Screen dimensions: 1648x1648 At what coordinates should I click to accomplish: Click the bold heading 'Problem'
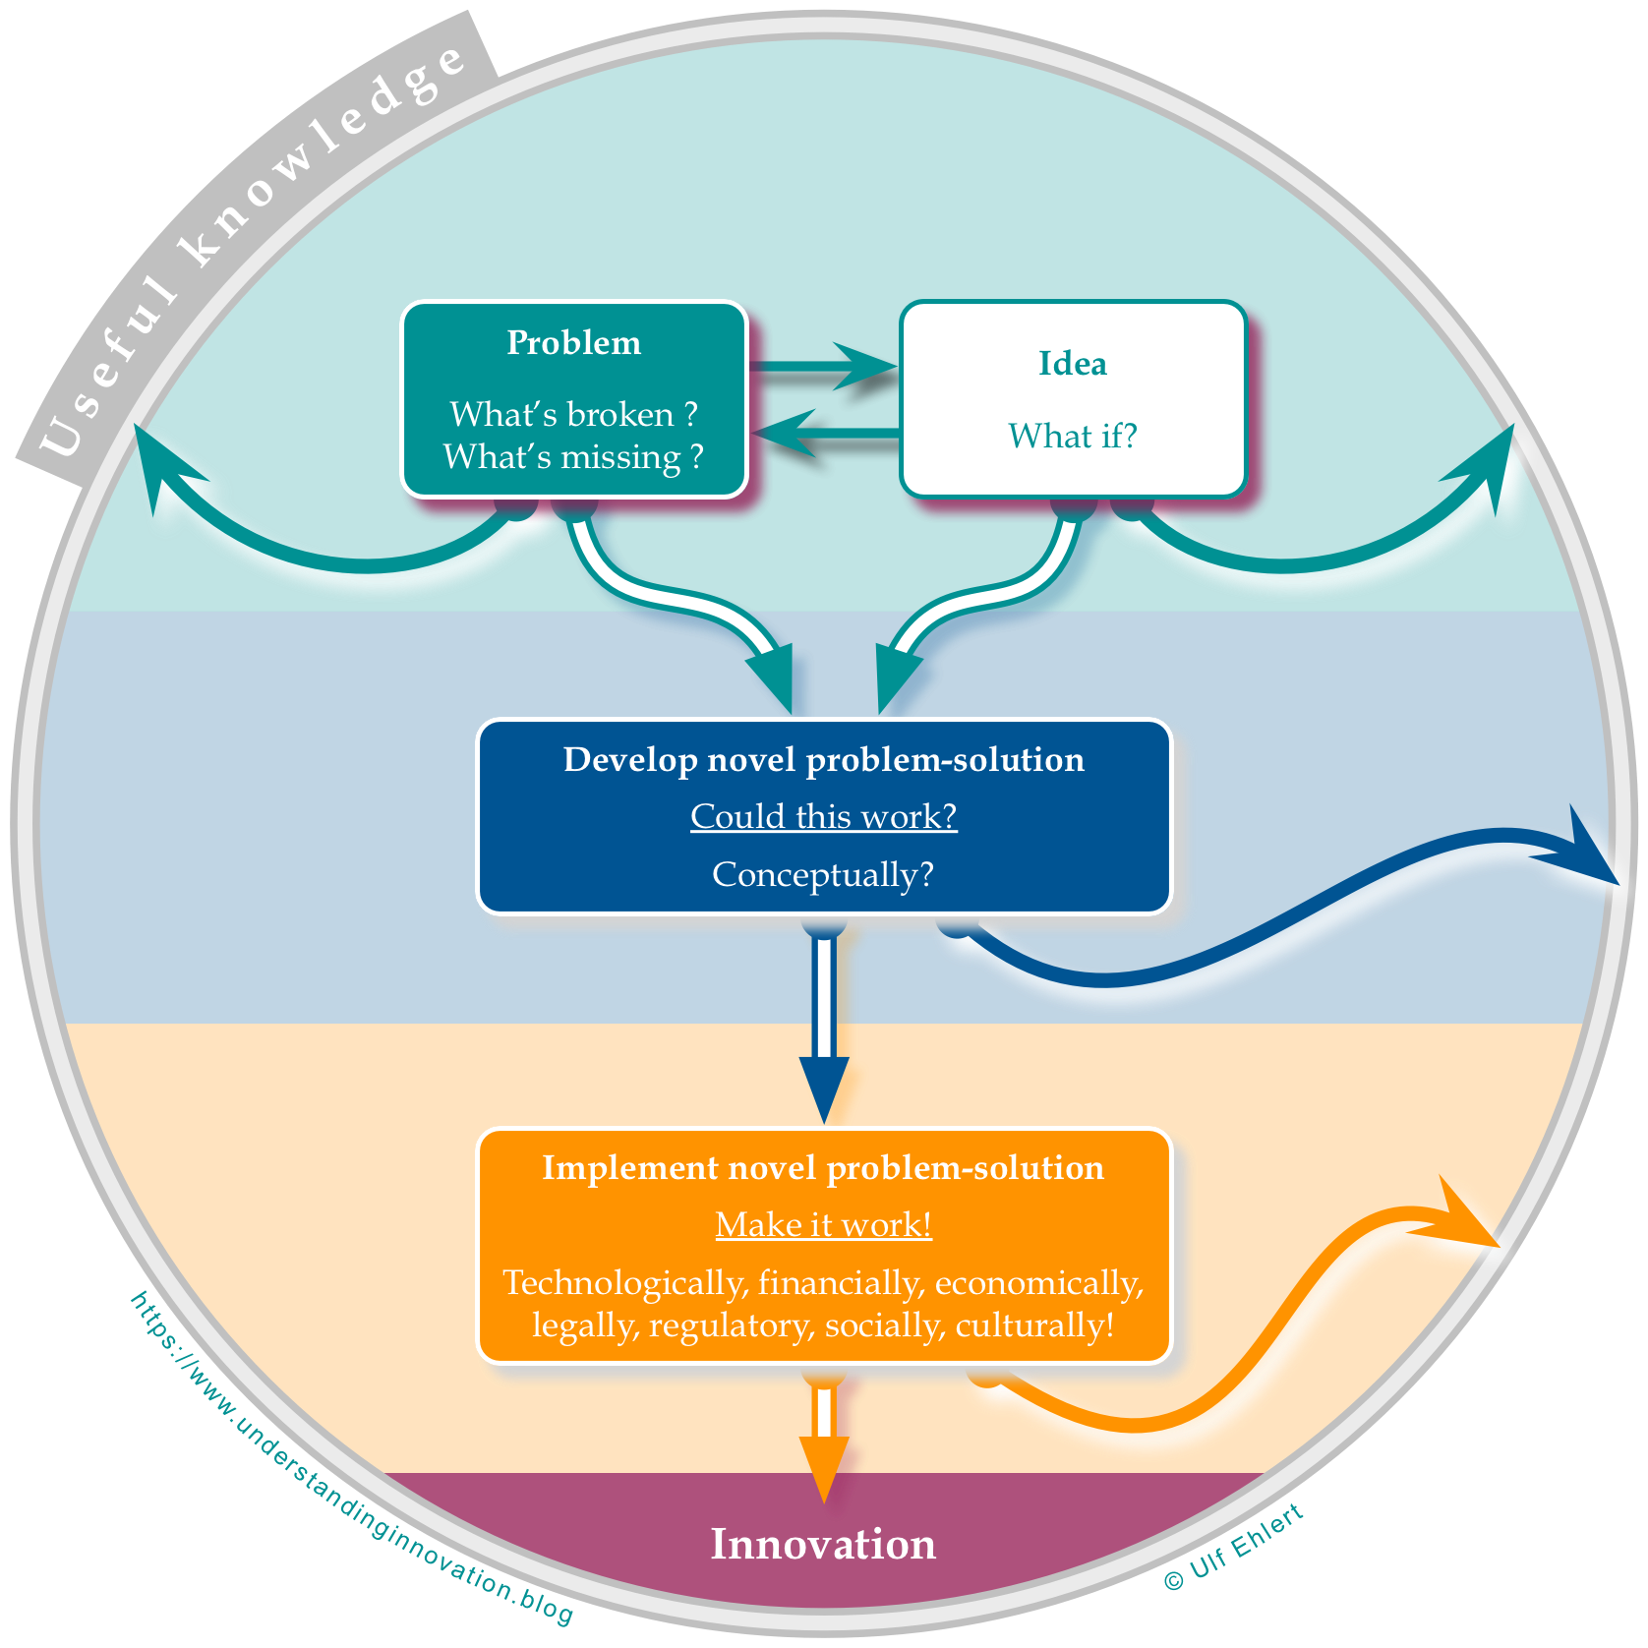click(573, 343)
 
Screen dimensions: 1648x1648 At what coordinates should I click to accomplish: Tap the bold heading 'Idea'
click(1073, 364)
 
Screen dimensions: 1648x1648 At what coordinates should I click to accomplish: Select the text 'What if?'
click(1073, 436)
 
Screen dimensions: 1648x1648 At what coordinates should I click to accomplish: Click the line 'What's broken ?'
click(573, 415)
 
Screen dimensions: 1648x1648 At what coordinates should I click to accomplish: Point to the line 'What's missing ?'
click(573, 457)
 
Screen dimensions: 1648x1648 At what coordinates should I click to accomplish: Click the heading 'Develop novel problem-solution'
click(824, 760)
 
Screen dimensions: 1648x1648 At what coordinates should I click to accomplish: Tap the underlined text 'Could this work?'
click(824, 817)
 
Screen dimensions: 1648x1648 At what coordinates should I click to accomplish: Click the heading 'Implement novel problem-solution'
click(824, 1168)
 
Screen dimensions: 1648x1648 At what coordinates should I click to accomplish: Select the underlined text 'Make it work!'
click(824, 1225)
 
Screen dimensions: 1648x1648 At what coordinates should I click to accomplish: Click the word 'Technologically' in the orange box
click(625, 1283)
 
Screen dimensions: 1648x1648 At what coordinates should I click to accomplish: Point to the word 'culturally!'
click(1035, 1325)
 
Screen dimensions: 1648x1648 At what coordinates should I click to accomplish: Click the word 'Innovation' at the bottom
click(824, 1545)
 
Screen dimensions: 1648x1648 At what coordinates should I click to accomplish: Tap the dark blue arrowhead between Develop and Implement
click(824, 1087)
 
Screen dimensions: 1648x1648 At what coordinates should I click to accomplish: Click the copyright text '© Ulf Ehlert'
click(1234, 1547)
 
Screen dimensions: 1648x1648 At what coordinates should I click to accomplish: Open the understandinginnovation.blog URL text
click(349, 1465)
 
